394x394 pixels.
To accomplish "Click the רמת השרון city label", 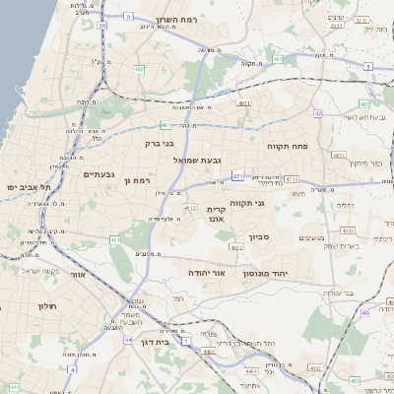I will (x=178, y=20).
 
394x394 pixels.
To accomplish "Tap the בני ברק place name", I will (x=159, y=143).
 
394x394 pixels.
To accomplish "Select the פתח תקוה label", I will (x=288, y=145).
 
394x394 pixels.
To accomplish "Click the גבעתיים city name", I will (x=100, y=174).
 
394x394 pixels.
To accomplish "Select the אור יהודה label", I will (x=207, y=273).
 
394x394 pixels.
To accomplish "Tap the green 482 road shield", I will (x=139, y=70).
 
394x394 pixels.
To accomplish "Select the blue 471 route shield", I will (x=237, y=175).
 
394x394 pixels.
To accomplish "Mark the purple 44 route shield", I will (x=129, y=340).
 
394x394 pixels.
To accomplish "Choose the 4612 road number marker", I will (x=189, y=208).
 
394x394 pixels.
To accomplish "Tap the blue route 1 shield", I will (x=188, y=367).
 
